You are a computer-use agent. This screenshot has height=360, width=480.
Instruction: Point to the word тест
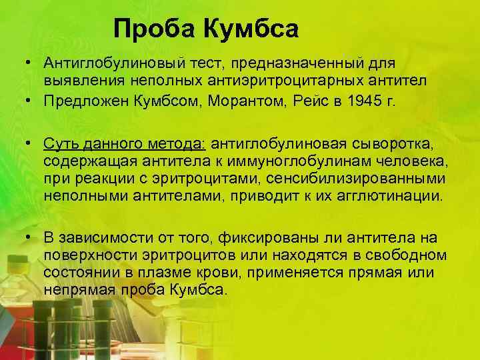[x=192, y=63]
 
